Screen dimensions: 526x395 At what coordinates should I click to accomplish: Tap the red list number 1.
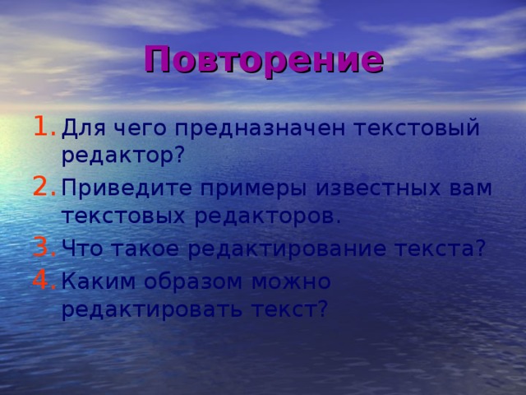click(x=44, y=126)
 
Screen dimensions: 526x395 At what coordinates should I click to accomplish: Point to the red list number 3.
click(x=44, y=247)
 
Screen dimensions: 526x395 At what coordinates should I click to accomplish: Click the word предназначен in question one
click(x=260, y=129)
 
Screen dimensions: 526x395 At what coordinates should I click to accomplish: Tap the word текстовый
click(x=417, y=129)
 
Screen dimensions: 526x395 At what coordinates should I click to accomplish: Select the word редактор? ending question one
click(x=123, y=156)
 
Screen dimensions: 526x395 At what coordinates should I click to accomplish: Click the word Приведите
click(x=127, y=189)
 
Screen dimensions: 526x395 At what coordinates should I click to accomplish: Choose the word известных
click(x=377, y=188)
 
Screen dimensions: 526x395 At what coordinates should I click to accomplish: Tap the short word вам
click(x=470, y=188)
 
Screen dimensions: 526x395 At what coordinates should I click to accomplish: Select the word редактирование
click(x=287, y=249)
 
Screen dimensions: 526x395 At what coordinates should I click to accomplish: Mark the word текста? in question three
click(x=441, y=249)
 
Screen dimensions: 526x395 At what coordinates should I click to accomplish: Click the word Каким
click(x=99, y=281)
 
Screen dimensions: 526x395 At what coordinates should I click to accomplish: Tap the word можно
click(x=291, y=281)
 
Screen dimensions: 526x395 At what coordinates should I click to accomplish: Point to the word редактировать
click(x=152, y=309)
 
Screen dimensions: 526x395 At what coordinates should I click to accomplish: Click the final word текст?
click(x=289, y=309)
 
